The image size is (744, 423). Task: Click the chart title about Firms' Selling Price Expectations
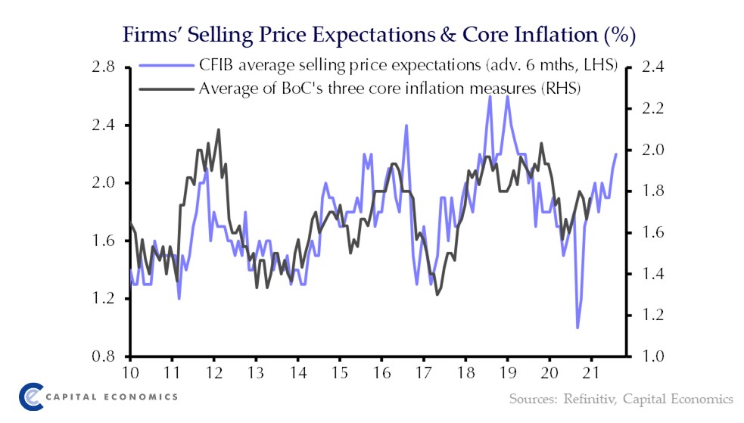(370, 35)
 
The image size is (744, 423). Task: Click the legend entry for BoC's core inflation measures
(389, 89)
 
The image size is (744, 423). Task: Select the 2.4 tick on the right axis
(652, 67)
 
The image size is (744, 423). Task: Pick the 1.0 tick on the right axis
(652, 356)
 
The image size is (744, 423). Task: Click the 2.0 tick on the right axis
(652, 150)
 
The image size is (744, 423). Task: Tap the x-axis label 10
(131, 372)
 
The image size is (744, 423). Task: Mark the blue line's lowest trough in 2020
(577, 328)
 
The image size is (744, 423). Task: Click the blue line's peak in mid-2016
(406, 126)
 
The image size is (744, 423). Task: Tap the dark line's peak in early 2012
(219, 129)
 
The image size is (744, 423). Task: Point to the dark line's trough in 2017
(437, 294)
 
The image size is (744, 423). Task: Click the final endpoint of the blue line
(616, 154)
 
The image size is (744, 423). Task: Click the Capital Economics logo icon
(31, 396)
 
